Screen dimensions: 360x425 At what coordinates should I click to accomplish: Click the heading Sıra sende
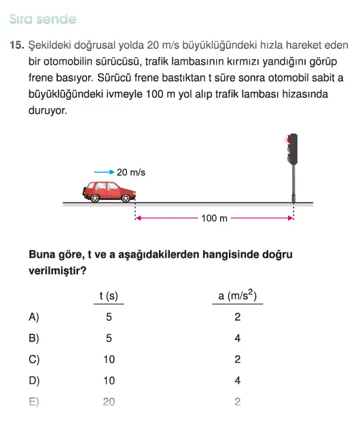click(x=43, y=20)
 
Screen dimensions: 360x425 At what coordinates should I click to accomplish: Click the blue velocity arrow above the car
click(x=104, y=173)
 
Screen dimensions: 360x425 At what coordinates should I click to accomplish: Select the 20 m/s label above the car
click(x=131, y=173)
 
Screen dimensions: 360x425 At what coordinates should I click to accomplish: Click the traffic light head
click(x=293, y=150)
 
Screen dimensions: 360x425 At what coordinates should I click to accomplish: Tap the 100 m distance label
click(x=215, y=218)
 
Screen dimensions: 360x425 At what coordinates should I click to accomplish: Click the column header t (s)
click(x=109, y=296)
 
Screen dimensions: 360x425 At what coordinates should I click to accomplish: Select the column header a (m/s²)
click(x=237, y=295)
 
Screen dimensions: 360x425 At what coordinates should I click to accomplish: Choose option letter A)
click(x=34, y=317)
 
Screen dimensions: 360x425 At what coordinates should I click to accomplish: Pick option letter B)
click(x=34, y=338)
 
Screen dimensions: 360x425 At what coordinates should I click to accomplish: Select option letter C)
click(x=34, y=360)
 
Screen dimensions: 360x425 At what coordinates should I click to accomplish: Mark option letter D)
click(x=34, y=381)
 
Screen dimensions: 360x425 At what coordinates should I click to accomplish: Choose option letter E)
click(x=34, y=402)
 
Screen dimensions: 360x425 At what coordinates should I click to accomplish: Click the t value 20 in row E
click(x=109, y=402)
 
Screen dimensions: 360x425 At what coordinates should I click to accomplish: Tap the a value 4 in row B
click(x=237, y=338)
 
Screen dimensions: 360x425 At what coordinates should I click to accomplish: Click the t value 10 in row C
click(x=109, y=360)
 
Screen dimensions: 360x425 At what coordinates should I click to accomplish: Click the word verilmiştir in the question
click(x=56, y=270)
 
